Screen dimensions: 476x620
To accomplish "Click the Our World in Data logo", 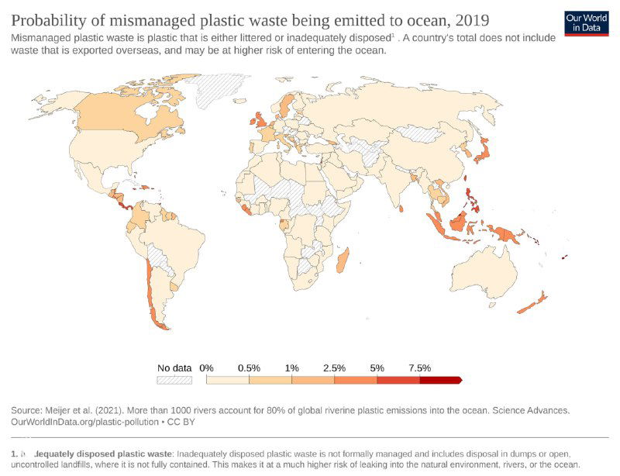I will pos(586,22).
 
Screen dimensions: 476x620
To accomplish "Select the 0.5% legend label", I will pos(248,367).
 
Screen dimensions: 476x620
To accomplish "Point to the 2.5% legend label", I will pos(334,367).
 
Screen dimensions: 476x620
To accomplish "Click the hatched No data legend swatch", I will pos(174,380).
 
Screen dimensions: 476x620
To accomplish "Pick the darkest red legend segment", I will pos(439,380).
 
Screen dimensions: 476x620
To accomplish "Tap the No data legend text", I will pos(174,367).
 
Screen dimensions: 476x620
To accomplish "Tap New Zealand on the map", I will pos(533,303).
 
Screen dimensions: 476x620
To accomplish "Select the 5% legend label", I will pos(377,367).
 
